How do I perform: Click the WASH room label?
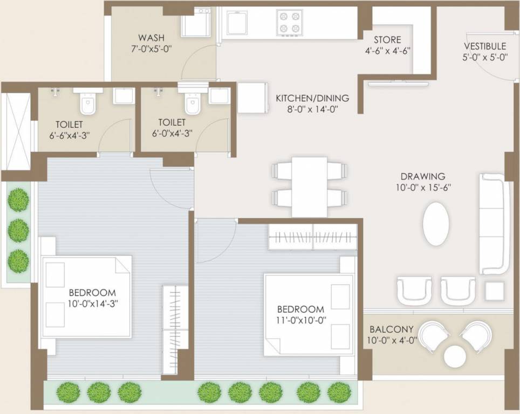pyautogui.click(x=152, y=38)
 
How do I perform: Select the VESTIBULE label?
pyautogui.click(x=485, y=46)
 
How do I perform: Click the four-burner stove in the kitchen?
pyautogui.click(x=289, y=22)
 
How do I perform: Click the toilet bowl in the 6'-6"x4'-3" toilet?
pyautogui.click(x=87, y=102)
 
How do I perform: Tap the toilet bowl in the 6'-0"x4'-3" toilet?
pyautogui.click(x=192, y=102)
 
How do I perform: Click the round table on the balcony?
pyautogui.click(x=455, y=356)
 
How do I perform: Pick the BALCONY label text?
pyautogui.click(x=392, y=329)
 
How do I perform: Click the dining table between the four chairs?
pyautogui.click(x=309, y=186)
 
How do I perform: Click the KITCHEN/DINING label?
pyautogui.click(x=312, y=98)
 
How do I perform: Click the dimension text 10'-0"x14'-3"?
pyautogui.click(x=93, y=303)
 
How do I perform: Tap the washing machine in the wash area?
pyautogui.click(x=195, y=24)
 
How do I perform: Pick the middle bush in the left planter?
pyautogui.click(x=19, y=230)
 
